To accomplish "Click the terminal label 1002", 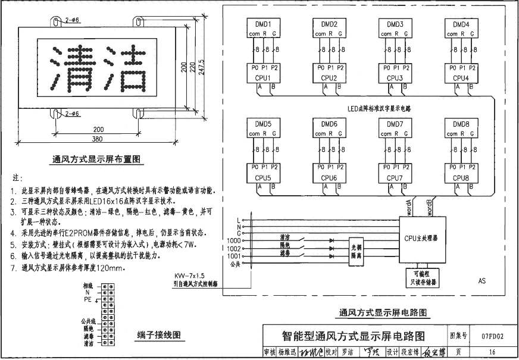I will pyautogui.click(x=233, y=248).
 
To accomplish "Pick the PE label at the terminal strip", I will pyautogui.click(x=87, y=300).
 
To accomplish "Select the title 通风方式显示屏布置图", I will pyautogui.click(x=96, y=159).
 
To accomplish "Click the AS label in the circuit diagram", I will pyautogui.click(x=482, y=279).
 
